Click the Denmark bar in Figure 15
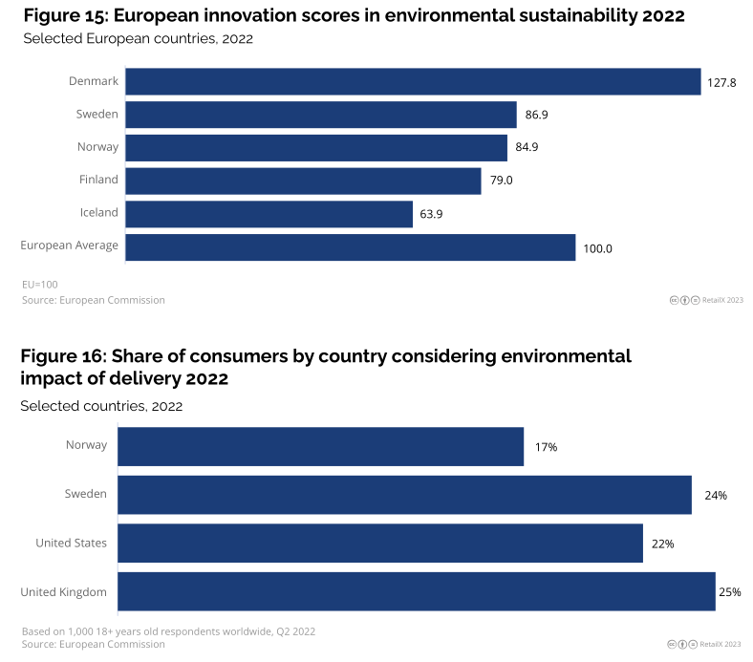pyautogui.click(x=413, y=82)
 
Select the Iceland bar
pyautogui.click(x=269, y=214)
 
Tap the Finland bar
pyautogui.click(x=303, y=181)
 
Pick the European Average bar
pyautogui.click(x=350, y=247)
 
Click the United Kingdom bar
pyautogui.click(x=416, y=592)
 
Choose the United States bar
pyautogui.click(x=379, y=544)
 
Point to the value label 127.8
pyautogui.click(x=721, y=83)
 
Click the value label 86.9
pyautogui.click(x=536, y=116)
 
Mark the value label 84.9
pyautogui.click(x=527, y=148)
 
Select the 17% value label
pyautogui.click(x=546, y=447)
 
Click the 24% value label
pyautogui.click(x=715, y=496)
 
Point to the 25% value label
pyautogui.click(x=730, y=592)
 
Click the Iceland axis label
pyautogui.click(x=98, y=212)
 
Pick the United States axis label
pyautogui.click(x=71, y=543)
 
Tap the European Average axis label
pyautogui.click(x=69, y=246)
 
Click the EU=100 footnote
pyautogui.click(x=39, y=285)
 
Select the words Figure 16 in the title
pyautogui.click(x=62, y=356)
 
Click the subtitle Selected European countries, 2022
pyautogui.click(x=137, y=38)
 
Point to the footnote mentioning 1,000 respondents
pyautogui.click(x=167, y=630)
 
